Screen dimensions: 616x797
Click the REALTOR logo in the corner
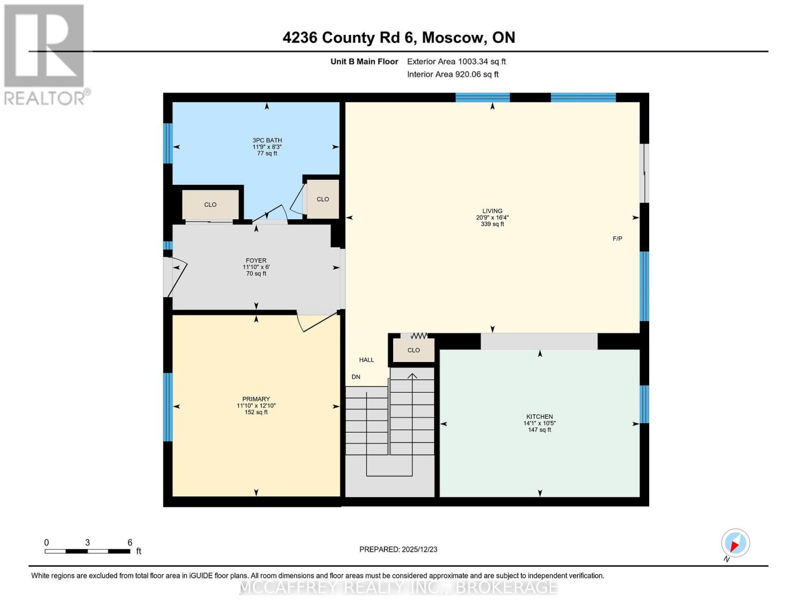tap(45, 54)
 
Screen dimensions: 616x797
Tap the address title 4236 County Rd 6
tap(398, 37)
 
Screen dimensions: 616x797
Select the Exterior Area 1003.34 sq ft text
tap(456, 62)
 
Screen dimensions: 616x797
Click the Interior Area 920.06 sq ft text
tap(453, 74)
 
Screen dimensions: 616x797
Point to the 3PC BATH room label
tap(267, 146)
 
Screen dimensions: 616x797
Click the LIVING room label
tap(492, 217)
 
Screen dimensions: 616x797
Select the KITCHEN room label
tap(539, 423)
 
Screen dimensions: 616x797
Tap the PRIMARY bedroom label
tap(256, 405)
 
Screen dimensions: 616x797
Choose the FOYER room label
tap(256, 267)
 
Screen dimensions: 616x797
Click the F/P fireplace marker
tap(617, 239)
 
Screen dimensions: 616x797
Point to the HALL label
tap(366, 360)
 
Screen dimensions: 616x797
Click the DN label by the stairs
tap(356, 377)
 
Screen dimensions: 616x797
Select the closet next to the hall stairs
tap(414, 350)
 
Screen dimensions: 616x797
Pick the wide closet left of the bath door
tap(210, 204)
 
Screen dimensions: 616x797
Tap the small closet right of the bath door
tap(323, 199)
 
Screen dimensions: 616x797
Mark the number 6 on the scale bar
tap(130, 543)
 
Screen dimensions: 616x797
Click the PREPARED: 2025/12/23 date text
tap(398, 549)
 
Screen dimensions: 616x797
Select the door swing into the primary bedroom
tap(316, 322)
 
